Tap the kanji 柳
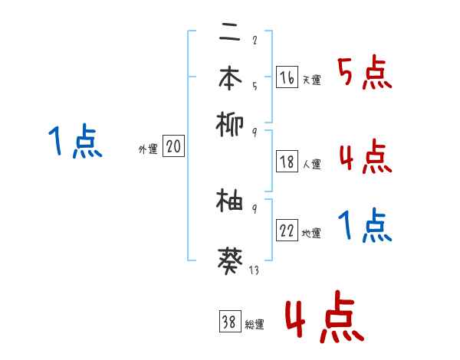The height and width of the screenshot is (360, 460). (x=229, y=123)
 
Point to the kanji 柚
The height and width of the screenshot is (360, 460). (x=229, y=201)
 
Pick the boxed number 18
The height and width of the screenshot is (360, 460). (x=287, y=162)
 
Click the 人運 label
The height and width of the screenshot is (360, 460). (x=311, y=164)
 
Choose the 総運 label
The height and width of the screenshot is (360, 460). (x=254, y=325)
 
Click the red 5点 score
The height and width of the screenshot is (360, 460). (x=364, y=74)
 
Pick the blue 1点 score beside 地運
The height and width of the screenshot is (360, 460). (x=364, y=226)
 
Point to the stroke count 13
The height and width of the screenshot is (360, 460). (x=253, y=269)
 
